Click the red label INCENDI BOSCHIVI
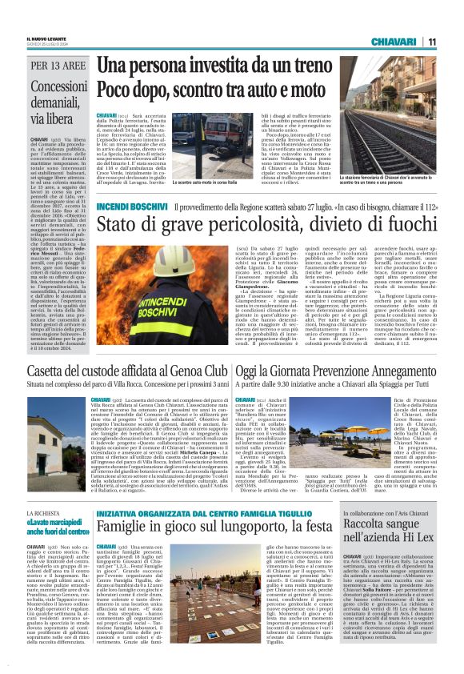tap(131, 207)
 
